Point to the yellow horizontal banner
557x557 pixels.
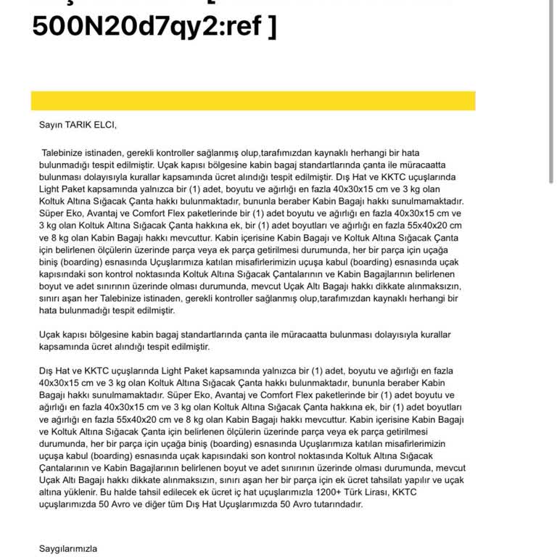tap(253, 100)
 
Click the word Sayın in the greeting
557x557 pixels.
tap(51, 124)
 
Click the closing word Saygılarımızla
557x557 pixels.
tap(68, 549)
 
